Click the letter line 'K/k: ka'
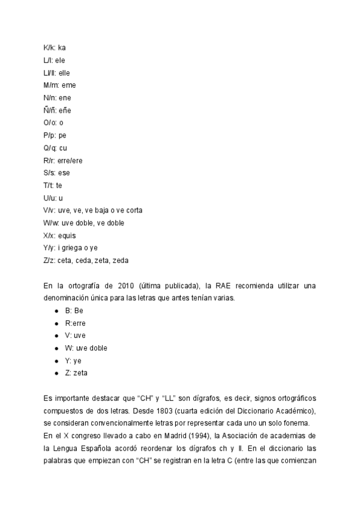[x=55, y=47]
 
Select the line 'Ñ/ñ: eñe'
[x=57, y=110]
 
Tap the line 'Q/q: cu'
[x=55, y=148]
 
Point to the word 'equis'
[x=67, y=236]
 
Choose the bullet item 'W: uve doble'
[x=86, y=348]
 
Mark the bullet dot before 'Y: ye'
[x=56, y=361]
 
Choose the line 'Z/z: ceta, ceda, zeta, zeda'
[x=86, y=261]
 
